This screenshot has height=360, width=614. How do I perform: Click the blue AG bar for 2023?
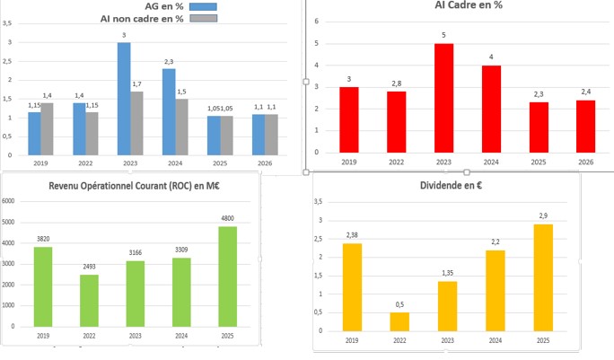pos(124,98)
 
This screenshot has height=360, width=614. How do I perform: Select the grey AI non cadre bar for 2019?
pos(48,127)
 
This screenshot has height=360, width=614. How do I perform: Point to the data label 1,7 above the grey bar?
pos(136,84)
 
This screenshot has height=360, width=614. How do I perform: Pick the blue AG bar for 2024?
pos(169,110)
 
